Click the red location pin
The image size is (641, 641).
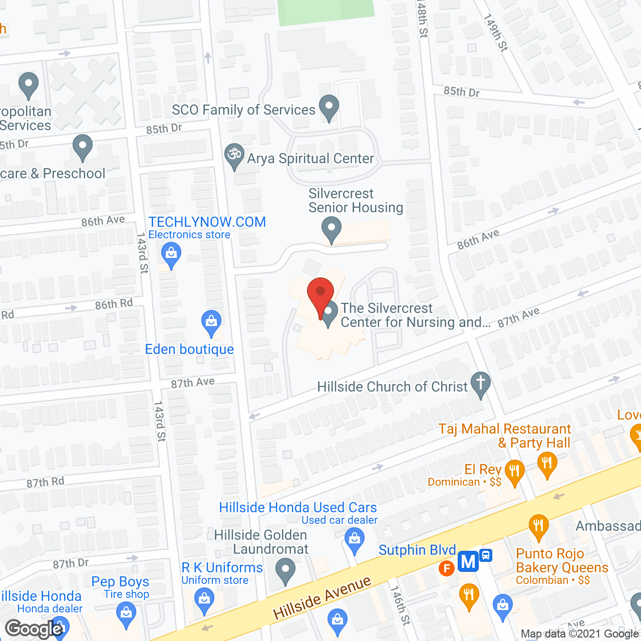[x=320, y=292]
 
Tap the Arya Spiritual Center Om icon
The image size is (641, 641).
[x=234, y=155]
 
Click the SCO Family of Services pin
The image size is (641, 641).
[x=329, y=107]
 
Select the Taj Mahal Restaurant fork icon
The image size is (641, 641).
[x=547, y=464]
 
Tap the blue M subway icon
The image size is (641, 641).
[x=468, y=561]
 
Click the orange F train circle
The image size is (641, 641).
[x=446, y=568]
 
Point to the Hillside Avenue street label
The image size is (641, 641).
[x=322, y=597]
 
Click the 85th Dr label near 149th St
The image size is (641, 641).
[x=461, y=92]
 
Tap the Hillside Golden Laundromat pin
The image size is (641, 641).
[x=285, y=570]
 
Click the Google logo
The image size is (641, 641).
[x=34, y=629]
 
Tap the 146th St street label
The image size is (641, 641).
[x=400, y=605]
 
